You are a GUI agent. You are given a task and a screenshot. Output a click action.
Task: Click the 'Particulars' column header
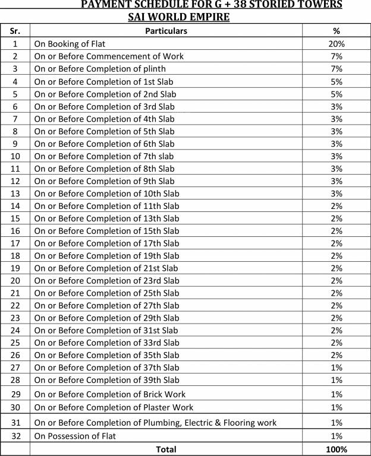tap(166, 31)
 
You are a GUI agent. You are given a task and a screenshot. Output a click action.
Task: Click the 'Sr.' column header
tap(15, 31)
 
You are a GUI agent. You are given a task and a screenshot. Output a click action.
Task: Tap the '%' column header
tap(336, 31)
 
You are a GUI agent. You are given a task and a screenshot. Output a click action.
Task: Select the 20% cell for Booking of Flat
tap(336, 44)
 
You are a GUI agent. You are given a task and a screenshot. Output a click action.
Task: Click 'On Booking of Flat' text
tap(70, 44)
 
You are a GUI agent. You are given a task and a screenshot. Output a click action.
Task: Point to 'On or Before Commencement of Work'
tap(109, 56)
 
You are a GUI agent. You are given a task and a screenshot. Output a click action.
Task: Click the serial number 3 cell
tap(15, 69)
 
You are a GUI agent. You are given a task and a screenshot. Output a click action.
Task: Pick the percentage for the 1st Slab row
tap(336, 81)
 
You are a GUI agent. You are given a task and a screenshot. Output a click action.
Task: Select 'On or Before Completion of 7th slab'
tap(104, 156)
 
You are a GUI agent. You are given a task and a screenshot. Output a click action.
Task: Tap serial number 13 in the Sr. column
tap(15, 194)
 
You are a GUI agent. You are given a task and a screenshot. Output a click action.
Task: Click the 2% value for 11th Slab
tap(336, 206)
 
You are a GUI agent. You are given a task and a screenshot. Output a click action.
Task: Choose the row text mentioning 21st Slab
tap(106, 268)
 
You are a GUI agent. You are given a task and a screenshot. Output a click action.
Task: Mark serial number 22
tap(15, 305)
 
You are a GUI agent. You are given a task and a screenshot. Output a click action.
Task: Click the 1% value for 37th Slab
tap(336, 368)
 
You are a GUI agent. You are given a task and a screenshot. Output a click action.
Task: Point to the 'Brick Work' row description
tap(110, 394)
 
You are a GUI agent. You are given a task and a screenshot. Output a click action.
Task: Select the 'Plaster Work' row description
tap(114, 407)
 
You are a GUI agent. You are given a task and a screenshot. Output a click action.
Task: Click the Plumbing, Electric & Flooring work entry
tap(155, 423)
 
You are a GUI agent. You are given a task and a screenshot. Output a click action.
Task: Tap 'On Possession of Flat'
tap(75, 436)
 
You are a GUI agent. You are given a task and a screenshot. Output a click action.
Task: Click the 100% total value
tap(336, 449)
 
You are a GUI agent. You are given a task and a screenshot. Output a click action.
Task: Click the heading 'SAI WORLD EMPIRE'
tap(178, 17)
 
